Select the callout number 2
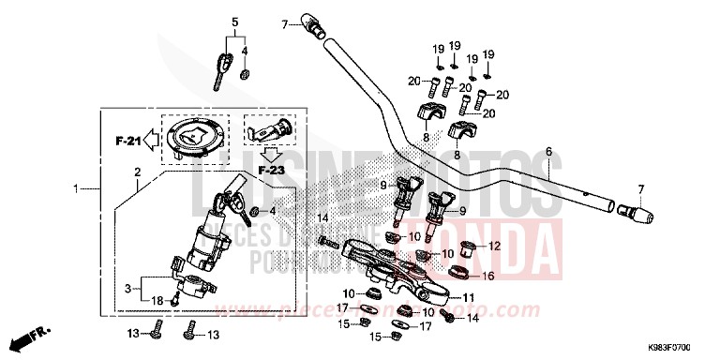pyautogui.click(x=138, y=172)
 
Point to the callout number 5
pyautogui.click(x=236, y=21)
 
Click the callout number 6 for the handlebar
pyautogui.click(x=549, y=151)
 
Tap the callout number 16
pyautogui.click(x=488, y=277)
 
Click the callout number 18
pyautogui.click(x=157, y=301)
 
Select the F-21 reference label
pyautogui.click(x=127, y=142)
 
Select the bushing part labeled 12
pyautogui.click(x=474, y=248)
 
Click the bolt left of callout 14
pyautogui.click(x=328, y=242)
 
